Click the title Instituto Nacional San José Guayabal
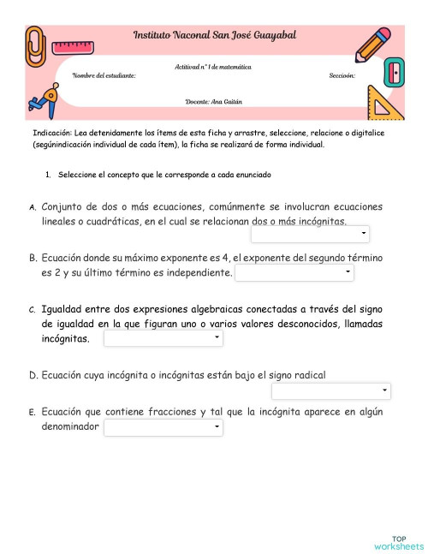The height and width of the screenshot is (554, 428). click(214, 35)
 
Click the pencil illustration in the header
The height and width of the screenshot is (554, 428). click(373, 45)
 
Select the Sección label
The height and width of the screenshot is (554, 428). click(342, 76)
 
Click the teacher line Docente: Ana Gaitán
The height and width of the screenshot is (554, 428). click(214, 101)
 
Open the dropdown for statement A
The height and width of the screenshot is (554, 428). click(310, 235)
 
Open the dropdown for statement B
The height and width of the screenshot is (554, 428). click(294, 273)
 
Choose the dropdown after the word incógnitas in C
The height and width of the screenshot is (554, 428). click(163, 340)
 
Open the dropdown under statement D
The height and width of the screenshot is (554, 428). click(330, 392)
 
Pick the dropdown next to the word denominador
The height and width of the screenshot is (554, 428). click(163, 426)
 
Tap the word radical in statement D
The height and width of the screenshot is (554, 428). click(309, 375)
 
